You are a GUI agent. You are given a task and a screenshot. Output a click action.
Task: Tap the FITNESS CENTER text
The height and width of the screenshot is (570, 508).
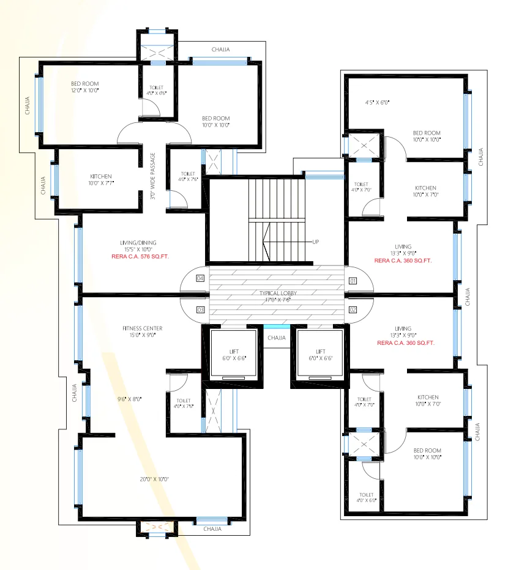point(142,328)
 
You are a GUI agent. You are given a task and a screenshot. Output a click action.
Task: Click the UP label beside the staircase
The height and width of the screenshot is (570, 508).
point(316,242)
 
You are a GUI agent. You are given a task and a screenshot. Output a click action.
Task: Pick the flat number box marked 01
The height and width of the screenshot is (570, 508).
point(353,281)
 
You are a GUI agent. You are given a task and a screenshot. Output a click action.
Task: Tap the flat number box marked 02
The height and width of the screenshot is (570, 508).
point(353,310)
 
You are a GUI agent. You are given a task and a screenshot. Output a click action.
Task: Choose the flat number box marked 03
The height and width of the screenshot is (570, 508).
point(200,310)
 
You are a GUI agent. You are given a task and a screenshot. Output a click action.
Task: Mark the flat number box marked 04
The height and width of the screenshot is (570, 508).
point(200,278)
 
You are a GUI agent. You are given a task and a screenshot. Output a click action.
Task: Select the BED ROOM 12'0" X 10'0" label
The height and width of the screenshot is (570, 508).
point(84,87)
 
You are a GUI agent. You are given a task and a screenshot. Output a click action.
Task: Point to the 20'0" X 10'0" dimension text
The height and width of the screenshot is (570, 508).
point(154,479)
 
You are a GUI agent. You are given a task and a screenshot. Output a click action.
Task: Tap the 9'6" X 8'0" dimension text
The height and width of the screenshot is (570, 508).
point(130,399)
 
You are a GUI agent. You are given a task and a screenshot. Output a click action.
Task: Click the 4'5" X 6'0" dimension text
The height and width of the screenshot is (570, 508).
point(377,102)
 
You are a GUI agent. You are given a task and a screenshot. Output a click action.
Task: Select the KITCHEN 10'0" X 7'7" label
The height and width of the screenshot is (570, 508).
point(101,179)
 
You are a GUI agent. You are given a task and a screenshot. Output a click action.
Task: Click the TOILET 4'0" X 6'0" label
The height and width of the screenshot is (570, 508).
point(367,497)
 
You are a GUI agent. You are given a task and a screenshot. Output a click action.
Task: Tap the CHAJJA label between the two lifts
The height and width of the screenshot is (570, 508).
point(277,337)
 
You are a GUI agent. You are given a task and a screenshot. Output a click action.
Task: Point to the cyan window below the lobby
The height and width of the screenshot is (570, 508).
point(277,327)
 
